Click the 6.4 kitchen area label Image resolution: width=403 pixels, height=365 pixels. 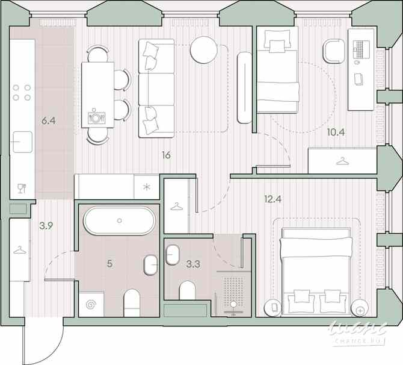click(x=49, y=121)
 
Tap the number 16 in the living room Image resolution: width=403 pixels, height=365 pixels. click(x=166, y=155)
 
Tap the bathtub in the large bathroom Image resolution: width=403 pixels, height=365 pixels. click(x=118, y=222)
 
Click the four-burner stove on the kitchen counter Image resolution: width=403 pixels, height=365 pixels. click(x=22, y=92)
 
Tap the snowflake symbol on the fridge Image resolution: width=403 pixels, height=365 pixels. click(x=146, y=186)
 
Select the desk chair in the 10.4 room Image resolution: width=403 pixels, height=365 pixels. click(x=333, y=51)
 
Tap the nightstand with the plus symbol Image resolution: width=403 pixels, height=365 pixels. click(x=360, y=307)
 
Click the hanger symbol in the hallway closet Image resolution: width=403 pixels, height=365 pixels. click(x=19, y=250)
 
